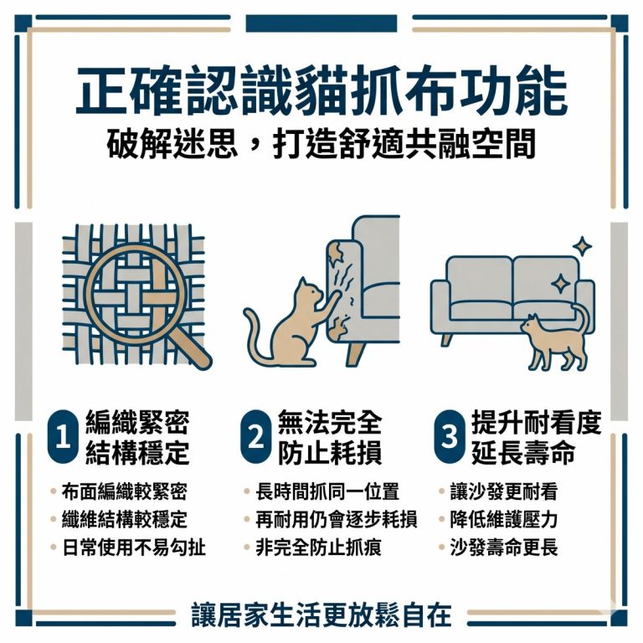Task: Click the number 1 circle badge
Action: (x=63, y=437)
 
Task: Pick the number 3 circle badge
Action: (x=450, y=437)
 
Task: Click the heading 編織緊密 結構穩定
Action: (x=137, y=438)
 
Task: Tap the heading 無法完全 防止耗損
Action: (x=329, y=438)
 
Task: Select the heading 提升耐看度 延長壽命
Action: (x=535, y=438)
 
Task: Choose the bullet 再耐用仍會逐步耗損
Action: (x=336, y=520)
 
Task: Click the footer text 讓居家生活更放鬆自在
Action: (x=321, y=615)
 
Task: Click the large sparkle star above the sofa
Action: (x=582, y=246)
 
